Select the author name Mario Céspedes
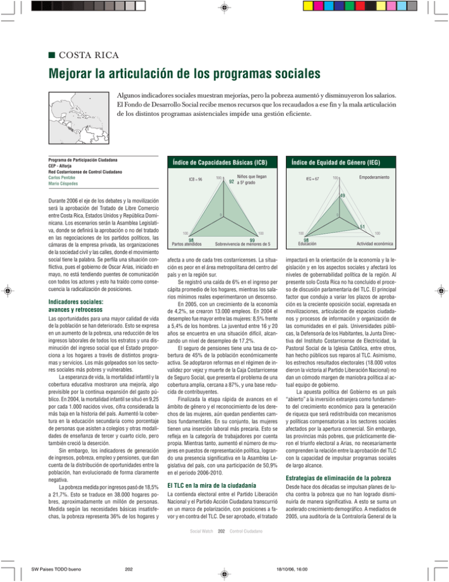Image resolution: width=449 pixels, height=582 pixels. point(65,182)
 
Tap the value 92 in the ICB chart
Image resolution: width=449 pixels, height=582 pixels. point(232,182)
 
